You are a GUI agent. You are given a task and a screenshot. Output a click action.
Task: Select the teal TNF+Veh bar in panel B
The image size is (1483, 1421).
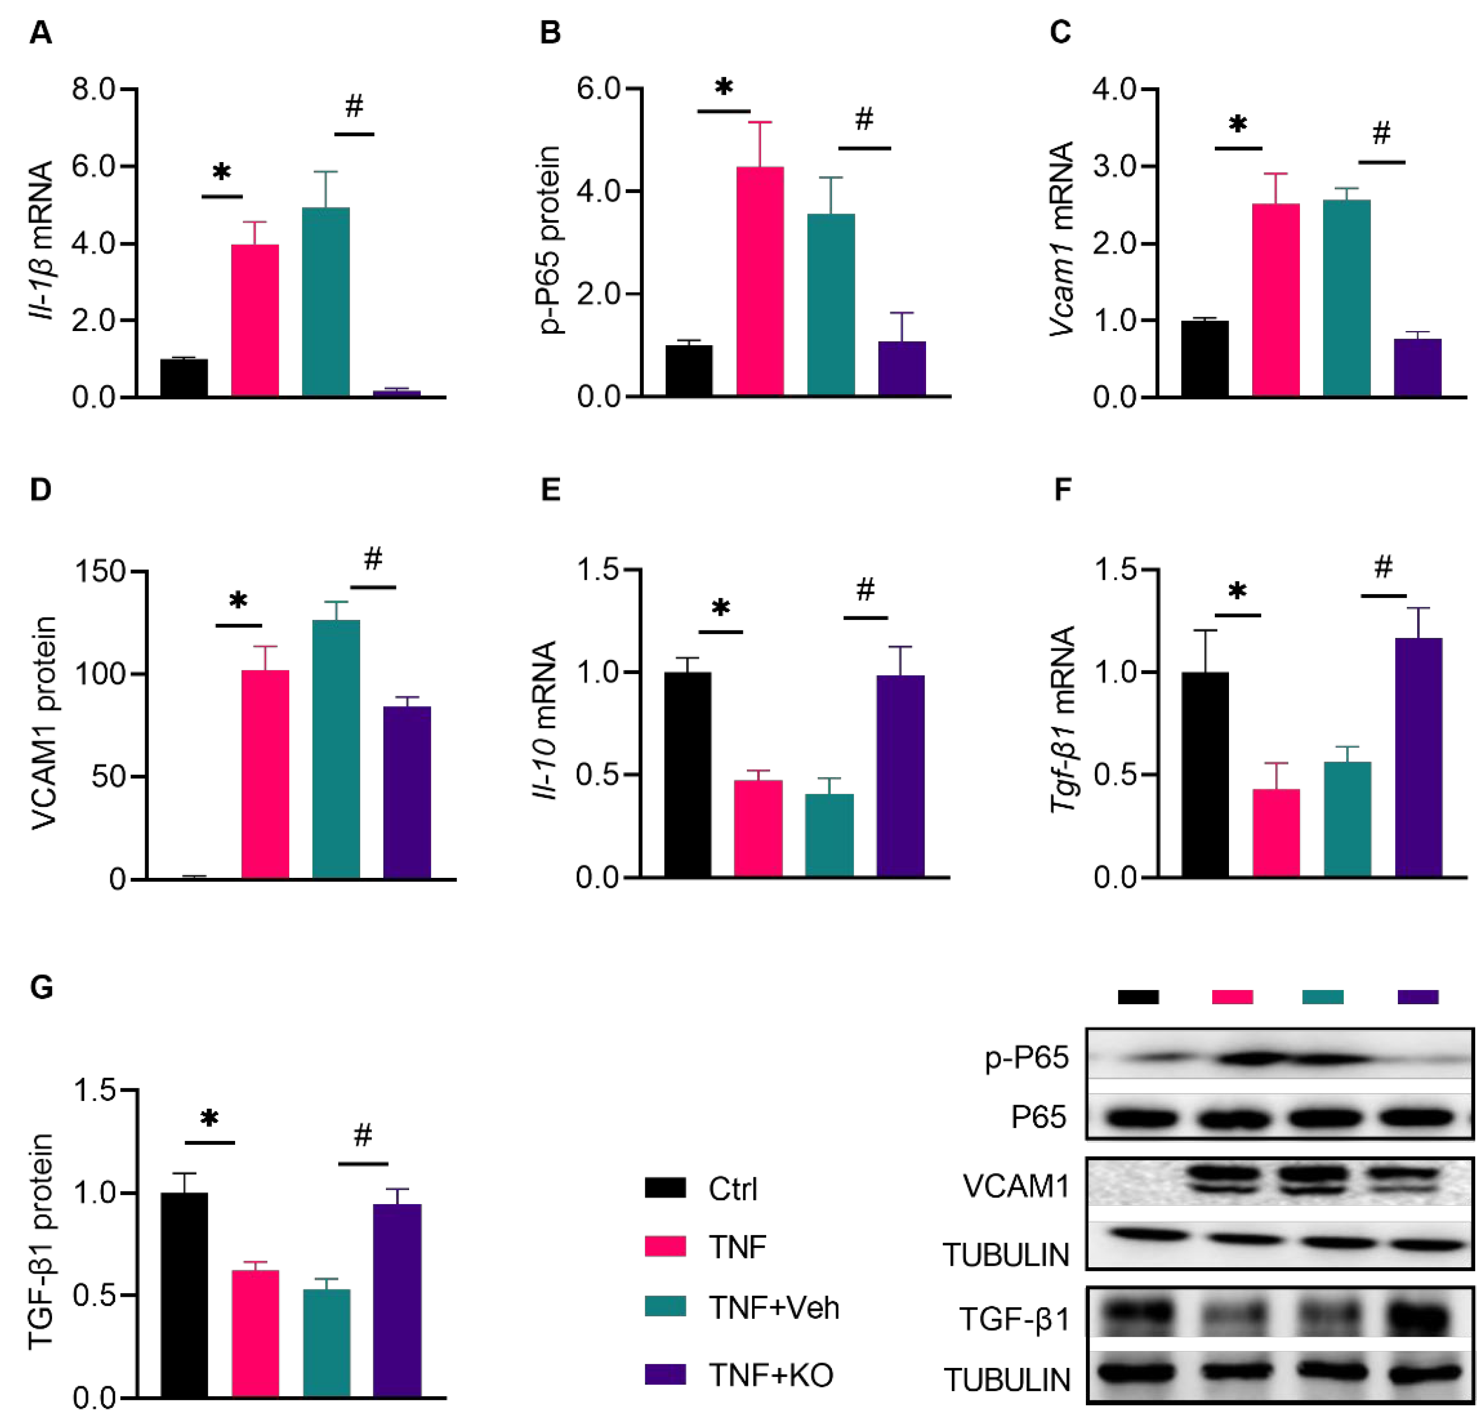coord(831,305)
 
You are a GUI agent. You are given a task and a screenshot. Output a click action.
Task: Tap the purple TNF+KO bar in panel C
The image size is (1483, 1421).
coord(1417,368)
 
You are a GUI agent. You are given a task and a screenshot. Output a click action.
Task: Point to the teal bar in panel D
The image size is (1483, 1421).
coord(336,749)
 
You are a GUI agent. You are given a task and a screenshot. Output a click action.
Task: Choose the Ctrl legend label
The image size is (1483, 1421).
coord(733,1189)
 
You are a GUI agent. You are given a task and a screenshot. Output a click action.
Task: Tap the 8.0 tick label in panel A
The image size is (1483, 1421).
coord(93,89)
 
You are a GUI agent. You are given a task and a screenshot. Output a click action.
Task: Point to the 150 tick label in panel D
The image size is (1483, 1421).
coord(99,571)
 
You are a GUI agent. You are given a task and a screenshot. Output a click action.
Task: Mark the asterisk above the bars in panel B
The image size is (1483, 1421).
coord(723,87)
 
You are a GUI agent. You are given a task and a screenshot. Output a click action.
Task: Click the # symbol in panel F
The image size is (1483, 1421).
coord(1383,566)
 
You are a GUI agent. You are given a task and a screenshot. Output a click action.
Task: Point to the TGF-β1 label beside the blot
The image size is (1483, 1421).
coord(1014,1319)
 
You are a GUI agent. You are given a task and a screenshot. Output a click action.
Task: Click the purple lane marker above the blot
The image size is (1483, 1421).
coord(1417,997)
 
